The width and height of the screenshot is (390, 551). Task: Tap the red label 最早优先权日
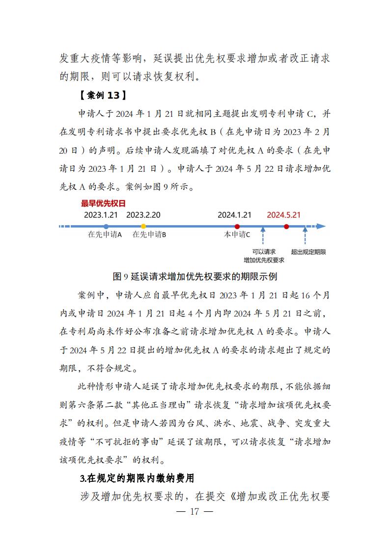(x=103, y=204)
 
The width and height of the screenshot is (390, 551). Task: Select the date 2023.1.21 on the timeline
(x=101, y=215)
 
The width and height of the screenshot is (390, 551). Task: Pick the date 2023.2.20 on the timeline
(x=143, y=215)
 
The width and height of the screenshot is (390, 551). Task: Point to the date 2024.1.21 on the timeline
(x=234, y=215)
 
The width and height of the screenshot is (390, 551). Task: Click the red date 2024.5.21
(x=284, y=215)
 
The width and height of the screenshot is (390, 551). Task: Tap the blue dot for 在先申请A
(x=106, y=226)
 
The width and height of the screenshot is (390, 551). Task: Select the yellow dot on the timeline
(x=143, y=226)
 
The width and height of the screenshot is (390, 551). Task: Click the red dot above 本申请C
(x=237, y=226)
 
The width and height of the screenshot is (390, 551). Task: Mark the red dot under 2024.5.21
(x=286, y=226)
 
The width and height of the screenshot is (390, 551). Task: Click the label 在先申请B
(x=149, y=235)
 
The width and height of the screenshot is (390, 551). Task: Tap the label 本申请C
(x=237, y=235)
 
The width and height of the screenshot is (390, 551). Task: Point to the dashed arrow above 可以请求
(x=263, y=236)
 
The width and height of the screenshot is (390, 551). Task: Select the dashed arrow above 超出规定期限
(x=306, y=236)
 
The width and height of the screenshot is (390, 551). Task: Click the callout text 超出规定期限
(x=308, y=252)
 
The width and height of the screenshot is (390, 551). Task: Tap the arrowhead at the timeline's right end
(x=321, y=226)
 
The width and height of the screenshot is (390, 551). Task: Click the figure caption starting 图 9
(x=195, y=277)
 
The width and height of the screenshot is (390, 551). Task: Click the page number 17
(x=195, y=512)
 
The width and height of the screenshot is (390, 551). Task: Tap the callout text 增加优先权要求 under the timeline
(x=264, y=260)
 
